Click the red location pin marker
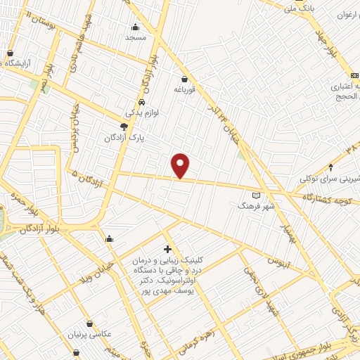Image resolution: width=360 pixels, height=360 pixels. [181, 166]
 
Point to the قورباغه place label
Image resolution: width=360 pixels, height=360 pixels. [184, 89]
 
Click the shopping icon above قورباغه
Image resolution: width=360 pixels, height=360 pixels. [184, 79]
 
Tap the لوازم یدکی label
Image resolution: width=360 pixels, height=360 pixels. [144, 112]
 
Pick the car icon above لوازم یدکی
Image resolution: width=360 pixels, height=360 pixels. [143, 101]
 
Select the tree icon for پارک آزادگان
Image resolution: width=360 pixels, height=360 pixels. [124, 127]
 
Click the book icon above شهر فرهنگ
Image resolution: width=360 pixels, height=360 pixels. [256, 195]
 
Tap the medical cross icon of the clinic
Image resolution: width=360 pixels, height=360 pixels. [167, 249]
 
